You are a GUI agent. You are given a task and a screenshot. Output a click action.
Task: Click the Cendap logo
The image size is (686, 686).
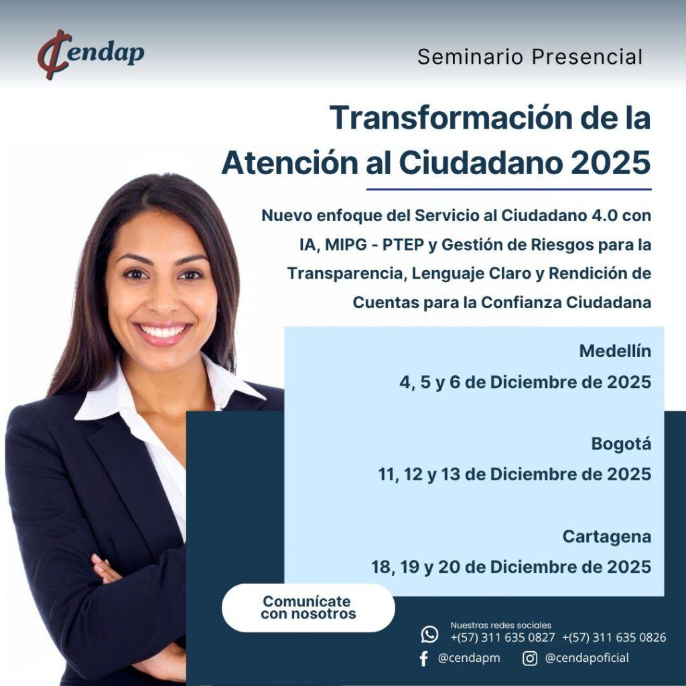pyautogui.click(x=90, y=54)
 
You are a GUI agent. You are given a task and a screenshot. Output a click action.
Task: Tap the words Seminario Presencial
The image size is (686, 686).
pyautogui.click(x=530, y=57)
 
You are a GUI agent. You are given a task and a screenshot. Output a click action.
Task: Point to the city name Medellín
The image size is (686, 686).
pyautogui.click(x=615, y=351)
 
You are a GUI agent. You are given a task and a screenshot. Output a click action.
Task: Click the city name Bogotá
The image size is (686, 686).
pyautogui.click(x=621, y=444)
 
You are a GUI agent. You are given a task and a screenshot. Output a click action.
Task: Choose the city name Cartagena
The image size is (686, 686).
pyautogui.click(x=607, y=537)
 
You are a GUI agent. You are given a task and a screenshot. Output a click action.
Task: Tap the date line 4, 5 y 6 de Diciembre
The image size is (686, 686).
pyautogui.click(x=525, y=383)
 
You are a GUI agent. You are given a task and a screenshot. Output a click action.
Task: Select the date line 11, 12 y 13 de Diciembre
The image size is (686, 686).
pyautogui.click(x=514, y=474)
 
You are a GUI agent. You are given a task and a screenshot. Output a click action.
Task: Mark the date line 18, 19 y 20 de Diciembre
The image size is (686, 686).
pyautogui.click(x=511, y=567)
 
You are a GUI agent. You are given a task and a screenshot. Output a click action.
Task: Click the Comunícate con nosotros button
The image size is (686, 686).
pyautogui.click(x=308, y=608)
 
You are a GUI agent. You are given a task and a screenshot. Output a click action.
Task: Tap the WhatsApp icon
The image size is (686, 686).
pyautogui.click(x=429, y=634)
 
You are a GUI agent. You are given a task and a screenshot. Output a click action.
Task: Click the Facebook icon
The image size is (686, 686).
pyautogui.click(x=423, y=659)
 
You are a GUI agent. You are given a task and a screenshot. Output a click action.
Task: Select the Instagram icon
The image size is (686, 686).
pyautogui.click(x=530, y=658)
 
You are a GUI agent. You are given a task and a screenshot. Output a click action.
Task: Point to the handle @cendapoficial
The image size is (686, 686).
pyautogui.click(x=587, y=658)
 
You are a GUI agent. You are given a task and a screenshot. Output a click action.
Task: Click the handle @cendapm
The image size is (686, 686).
pyautogui.click(x=468, y=658)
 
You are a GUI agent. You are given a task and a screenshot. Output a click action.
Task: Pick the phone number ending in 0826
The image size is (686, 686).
pyautogui.click(x=614, y=638)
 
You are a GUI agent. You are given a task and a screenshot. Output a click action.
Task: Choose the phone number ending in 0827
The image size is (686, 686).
pyautogui.click(x=502, y=638)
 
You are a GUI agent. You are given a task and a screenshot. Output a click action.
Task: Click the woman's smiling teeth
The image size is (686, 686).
pyautogui.click(x=162, y=331)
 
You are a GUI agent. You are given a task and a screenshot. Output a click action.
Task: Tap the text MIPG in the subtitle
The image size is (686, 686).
pyautogui.click(x=346, y=245)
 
